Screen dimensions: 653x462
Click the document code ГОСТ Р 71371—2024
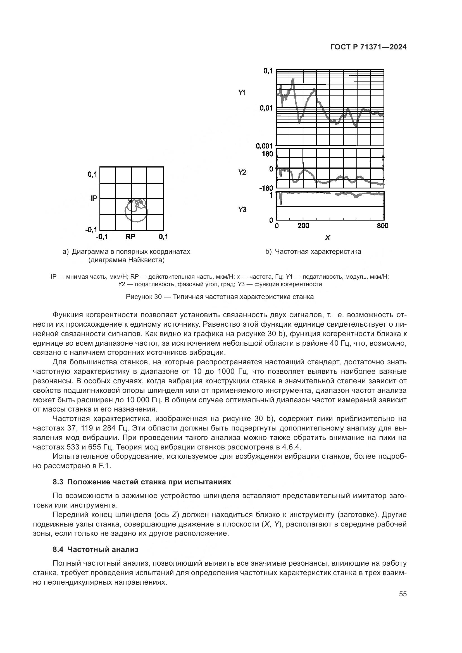click(x=368, y=47)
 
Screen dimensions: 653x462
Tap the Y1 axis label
click(x=242, y=92)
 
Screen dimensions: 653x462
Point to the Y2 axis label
click(x=242, y=172)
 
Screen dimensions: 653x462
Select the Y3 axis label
click(x=242, y=210)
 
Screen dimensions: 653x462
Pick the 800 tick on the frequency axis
click(x=382, y=226)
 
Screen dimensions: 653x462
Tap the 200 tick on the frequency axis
click(x=303, y=226)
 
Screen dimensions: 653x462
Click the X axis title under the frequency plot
click(x=327, y=238)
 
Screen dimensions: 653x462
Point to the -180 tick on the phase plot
click(x=266, y=188)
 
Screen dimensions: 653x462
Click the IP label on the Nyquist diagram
click(x=94, y=198)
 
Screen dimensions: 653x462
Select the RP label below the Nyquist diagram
click(x=130, y=237)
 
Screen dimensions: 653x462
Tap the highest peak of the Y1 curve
click(x=293, y=80)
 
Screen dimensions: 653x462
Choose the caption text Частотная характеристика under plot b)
click(x=318, y=252)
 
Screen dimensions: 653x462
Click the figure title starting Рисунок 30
click(x=220, y=297)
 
